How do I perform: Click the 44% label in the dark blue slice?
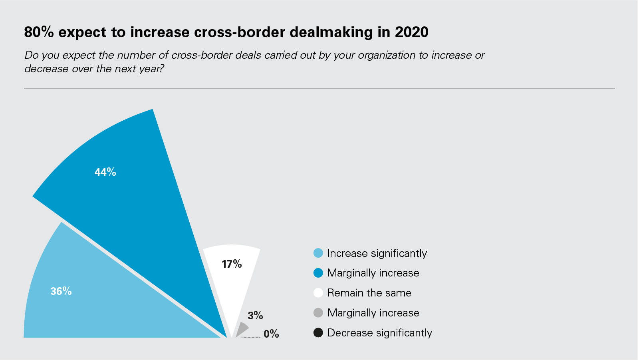pyautogui.click(x=105, y=172)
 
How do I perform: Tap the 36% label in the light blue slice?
pyautogui.click(x=61, y=291)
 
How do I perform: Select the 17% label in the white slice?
pyautogui.click(x=232, y=264)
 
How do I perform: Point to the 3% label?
pyautogui.click(x=255, y=316)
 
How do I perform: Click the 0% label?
pyautogui.click(x=271, y=334)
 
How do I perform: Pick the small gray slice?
pyautogui.click(x=241, y=330)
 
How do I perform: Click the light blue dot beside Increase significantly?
pyautogui.click(x=318, y=253)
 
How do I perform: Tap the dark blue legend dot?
pyautogui.click(x=318, y=273)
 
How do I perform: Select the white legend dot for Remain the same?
pyautogui.click(x=318, y=293)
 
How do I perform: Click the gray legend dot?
pyautogui.click(x=318, y=313)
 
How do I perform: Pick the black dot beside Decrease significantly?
pyautogui.click(x=318, y=332)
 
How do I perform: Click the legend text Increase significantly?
pyautogui.click(x=377, y=253)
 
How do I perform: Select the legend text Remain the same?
pyautogui.click(x=369, y=293)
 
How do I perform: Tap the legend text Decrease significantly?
pyautogui.click(x=379, y=333)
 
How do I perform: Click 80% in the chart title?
pyautogui.click(x=39, y=32)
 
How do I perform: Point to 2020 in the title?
pyautogui.click(x=412, y=32)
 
